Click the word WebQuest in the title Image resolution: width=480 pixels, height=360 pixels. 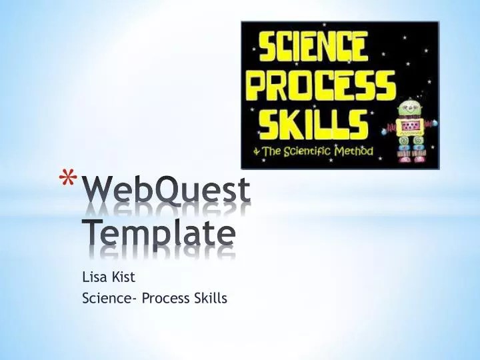(x=167, y=190)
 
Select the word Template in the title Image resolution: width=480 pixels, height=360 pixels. (x=159, y=233)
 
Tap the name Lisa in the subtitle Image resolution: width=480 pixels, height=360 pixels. (x=95, y=277)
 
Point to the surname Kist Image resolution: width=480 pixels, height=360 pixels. (x=123, y=277)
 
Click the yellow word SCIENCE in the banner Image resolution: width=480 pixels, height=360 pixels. (x=313, y=47)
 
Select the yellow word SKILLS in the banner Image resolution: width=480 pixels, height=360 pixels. (x=313, y=123)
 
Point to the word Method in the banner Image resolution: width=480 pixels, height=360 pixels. (x=354, y=151)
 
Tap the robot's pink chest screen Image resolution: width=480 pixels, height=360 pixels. (x=409, y=127)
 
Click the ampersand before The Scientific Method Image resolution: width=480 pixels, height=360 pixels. (x=257, y=151)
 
